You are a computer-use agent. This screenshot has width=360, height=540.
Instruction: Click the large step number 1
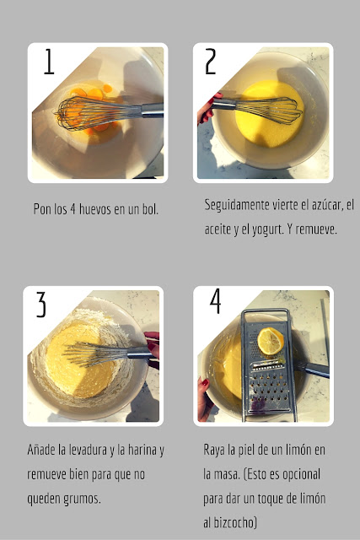click(x=49, y=62)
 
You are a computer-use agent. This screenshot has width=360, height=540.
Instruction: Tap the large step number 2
click(x=210, y=62)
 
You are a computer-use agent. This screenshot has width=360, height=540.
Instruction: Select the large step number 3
click(x=41, y=305)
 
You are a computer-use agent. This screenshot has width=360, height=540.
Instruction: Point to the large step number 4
click(x=215, y=301)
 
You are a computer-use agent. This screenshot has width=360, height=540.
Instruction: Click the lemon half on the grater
click(x=271, y=341)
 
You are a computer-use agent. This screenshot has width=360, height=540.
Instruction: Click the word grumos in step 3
click(x=82, y=499)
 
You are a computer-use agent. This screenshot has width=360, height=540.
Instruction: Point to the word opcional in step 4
click(x=301, y=474)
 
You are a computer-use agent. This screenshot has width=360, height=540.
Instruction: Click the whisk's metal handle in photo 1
click(x=152, y=110)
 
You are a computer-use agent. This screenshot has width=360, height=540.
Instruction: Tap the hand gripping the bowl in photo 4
click(x=204, y=399)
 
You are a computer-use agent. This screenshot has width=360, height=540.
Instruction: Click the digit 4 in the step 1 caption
click(x=73, y=209)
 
